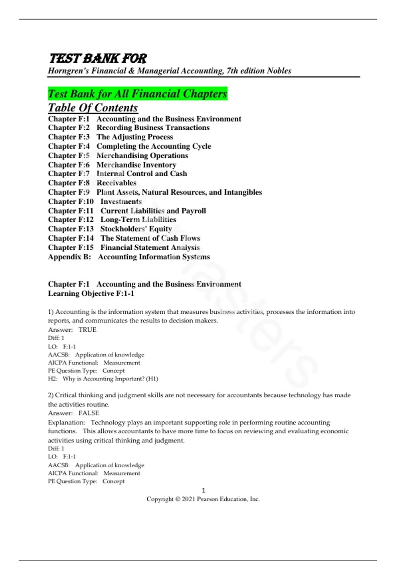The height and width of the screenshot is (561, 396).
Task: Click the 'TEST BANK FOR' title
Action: point(98,58)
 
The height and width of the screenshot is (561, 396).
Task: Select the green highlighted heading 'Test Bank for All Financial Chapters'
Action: point(138,94)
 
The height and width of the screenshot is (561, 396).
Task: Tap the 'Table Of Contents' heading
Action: point(93,108)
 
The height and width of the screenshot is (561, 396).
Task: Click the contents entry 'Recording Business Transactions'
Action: point(153,128)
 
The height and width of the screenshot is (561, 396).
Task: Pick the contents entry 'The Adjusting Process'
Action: point(135,137)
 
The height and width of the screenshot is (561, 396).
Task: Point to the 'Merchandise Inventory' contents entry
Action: point(136,165)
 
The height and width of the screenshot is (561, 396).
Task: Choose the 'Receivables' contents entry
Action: point(116,183)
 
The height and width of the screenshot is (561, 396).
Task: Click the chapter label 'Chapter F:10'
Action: point(71,201)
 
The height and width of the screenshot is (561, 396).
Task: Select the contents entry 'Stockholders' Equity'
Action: point(136,229)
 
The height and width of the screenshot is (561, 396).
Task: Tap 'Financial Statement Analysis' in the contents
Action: point(150,247)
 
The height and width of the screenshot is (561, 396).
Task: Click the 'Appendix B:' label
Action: point(69,257)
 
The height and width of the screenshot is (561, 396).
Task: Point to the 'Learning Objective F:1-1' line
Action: point(91,293)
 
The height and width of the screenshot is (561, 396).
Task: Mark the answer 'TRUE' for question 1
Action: point(87,330)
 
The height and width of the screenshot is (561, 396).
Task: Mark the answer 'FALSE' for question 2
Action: point(89,413)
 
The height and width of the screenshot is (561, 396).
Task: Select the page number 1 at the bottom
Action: point(203,490)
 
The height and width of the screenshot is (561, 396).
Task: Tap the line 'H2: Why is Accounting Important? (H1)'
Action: point(103,379)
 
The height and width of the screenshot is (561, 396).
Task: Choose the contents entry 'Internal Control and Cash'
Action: point(142,174)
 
